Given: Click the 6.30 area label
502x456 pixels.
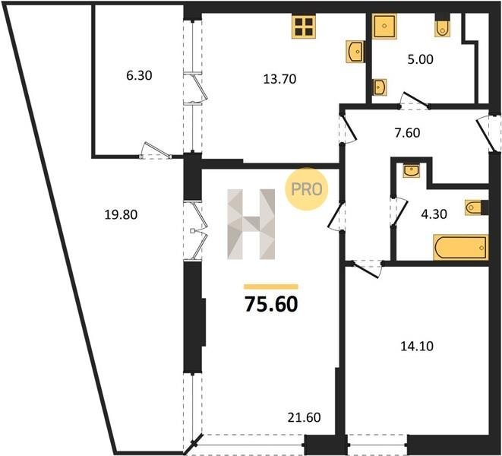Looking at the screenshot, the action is click(139, 76).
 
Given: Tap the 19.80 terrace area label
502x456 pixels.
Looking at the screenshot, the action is click(121, 214).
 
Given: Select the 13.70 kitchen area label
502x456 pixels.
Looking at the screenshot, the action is click(279, 79).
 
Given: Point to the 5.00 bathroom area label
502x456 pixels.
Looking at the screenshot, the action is click(421, 59).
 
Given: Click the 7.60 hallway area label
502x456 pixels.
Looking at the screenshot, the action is click(407, 133).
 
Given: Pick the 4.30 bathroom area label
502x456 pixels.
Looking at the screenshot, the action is click(434, 214).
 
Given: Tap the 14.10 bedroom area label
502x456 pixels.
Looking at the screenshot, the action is click(417, 346).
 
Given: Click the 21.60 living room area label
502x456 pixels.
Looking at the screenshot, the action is click(304, 417).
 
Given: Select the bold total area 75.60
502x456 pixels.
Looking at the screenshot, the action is click(271, 304).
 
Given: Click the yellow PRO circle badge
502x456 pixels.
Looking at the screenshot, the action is click(307, 189).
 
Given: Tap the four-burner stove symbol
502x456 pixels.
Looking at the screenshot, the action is click(304, 27).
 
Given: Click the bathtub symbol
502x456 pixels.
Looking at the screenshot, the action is click(461, 247).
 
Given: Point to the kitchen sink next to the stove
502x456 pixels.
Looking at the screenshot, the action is click(355, 51).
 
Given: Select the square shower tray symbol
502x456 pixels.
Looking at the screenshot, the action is click(384, 26).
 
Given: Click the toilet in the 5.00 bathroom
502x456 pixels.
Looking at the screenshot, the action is click(442, 27).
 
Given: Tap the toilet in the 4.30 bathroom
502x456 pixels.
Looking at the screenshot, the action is click(474, 207).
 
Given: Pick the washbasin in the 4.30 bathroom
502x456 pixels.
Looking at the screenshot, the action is click(412, 170).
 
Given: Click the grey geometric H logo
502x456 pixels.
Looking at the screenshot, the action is click(251, 224).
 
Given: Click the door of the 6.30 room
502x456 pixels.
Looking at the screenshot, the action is click(156, 150).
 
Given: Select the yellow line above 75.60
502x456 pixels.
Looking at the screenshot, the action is click(271, 287).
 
